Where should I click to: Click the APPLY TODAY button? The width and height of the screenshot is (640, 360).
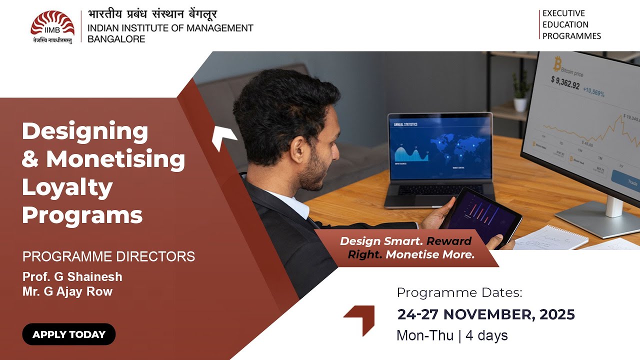pyautogui.click(x=69, y=334)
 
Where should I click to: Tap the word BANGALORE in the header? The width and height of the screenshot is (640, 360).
pyautogui.click(x=116, y=39)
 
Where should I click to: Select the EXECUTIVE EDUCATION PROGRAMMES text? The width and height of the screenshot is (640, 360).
pyautogui.click(x=571, y=24)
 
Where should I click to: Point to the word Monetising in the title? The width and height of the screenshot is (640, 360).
pyautogui.click(x=115, y=159)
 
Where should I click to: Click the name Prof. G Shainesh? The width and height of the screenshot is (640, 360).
pyautogui.click(x=72, y=276)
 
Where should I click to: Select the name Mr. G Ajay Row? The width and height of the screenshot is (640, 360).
pyautogui.click(x=67, y=291)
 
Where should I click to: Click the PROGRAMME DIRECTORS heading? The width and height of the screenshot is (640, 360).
pyautogui.click(x=108, y=256)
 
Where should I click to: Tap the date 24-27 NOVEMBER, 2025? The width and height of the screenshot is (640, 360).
pyautogui.click(x=486, y=314)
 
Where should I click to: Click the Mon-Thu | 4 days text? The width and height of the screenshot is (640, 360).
pyautogui.click(x=452, y=335)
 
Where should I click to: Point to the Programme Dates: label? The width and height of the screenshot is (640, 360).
pyautogui.click(x=459, y=292)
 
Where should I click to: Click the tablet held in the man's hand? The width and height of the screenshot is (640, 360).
pyautogui.click(x=480, y=212)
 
